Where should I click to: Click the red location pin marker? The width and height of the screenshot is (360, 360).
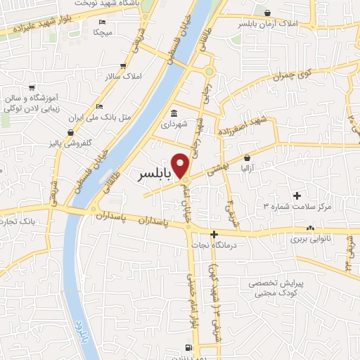click(181, 165)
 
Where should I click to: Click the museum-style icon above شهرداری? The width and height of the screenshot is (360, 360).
click(174, 114)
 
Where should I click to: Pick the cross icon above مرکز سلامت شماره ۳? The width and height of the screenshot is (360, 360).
click(296, 195)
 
